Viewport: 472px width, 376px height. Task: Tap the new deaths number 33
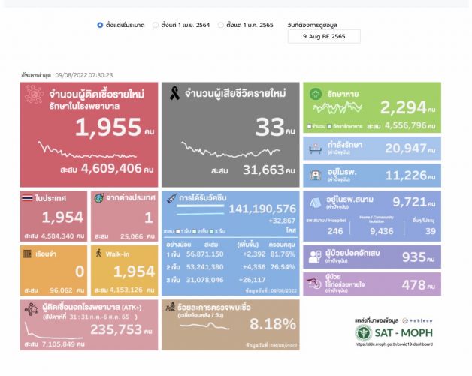click(x=268, y=128)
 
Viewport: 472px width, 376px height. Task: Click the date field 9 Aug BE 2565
click(x=323, y=37)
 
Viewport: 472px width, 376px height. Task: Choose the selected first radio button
click(x=100, y=25)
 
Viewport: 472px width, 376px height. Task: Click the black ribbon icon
click(x=176, y=95)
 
